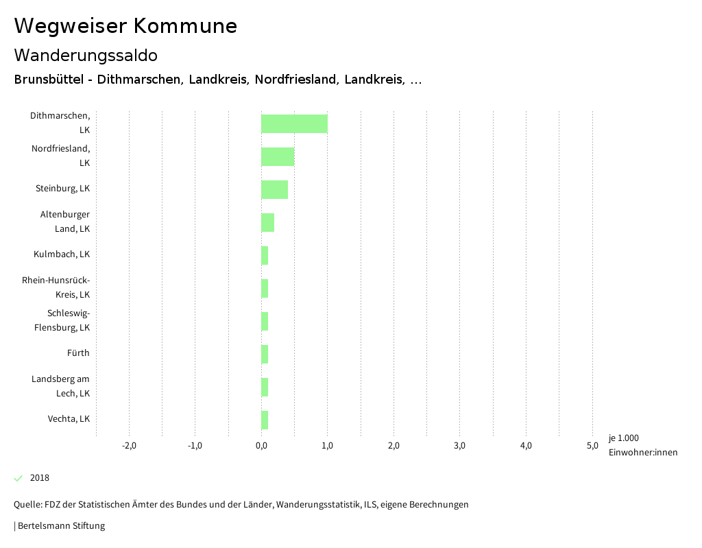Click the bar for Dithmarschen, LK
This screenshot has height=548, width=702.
point(294,123)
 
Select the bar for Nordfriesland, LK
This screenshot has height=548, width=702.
point(278,156)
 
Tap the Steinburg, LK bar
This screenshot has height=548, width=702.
point(274,189)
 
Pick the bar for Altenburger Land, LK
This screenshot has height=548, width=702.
point(267,222)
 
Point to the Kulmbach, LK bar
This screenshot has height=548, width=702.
point(265,255)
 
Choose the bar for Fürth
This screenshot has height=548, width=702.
point(265,354)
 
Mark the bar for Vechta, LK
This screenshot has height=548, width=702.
point(265,420)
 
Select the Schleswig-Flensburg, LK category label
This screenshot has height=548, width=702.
point(62,320)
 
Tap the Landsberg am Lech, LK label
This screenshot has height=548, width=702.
point(61,386)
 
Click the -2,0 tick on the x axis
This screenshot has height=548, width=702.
point(129,446)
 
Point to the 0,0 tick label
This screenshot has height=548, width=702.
point(261,446)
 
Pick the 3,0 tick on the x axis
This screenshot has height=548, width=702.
point(459,446)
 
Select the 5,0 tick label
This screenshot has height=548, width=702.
point(592,446)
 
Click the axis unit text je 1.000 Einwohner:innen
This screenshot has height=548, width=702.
point(642,445)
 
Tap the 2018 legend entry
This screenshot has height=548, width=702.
point(39,478)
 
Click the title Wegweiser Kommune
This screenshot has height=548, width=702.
point(125,26)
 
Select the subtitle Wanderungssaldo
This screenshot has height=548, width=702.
point(86,55)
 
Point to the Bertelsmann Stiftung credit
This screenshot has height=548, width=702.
point(61,526)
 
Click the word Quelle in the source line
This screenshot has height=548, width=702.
point(27,505)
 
